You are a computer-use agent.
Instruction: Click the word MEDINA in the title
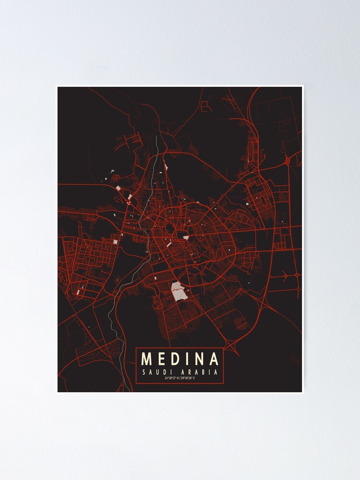pyautogui.click(x=180, y=359)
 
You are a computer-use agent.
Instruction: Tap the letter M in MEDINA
pyautogui.click(x=147, y=359)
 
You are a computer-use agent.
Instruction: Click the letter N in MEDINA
pyautogui.click(x=198, y=359)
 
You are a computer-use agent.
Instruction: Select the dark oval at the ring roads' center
pyautogui.click(x=181, y=234)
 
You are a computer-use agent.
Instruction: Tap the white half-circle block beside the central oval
pyautogui.click(x=186, y=237)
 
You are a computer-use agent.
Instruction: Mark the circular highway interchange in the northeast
pyautogui.click(x=287, y=161)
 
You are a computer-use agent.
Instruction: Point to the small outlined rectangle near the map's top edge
pyautogui.click(x=204, y=107)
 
